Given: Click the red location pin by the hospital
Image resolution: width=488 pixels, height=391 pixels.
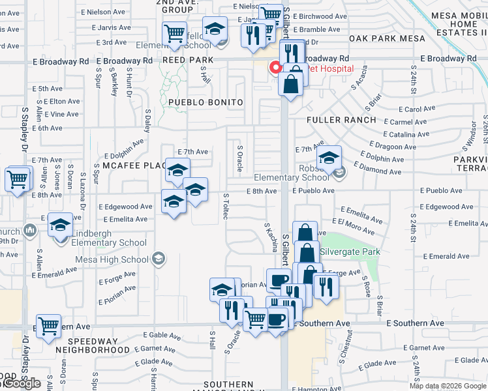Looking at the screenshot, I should pos(275,68).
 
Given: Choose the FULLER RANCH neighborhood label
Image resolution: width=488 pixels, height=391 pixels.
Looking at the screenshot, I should pos(341,120).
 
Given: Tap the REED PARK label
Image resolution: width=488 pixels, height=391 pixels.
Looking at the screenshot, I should pos(184,59).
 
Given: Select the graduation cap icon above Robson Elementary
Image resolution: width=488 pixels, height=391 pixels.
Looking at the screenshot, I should pos(330,158).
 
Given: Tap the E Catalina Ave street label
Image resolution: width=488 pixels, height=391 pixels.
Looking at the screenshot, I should pos(406,134).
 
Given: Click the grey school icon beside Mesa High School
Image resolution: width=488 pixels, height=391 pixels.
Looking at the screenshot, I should pos(157,259).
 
